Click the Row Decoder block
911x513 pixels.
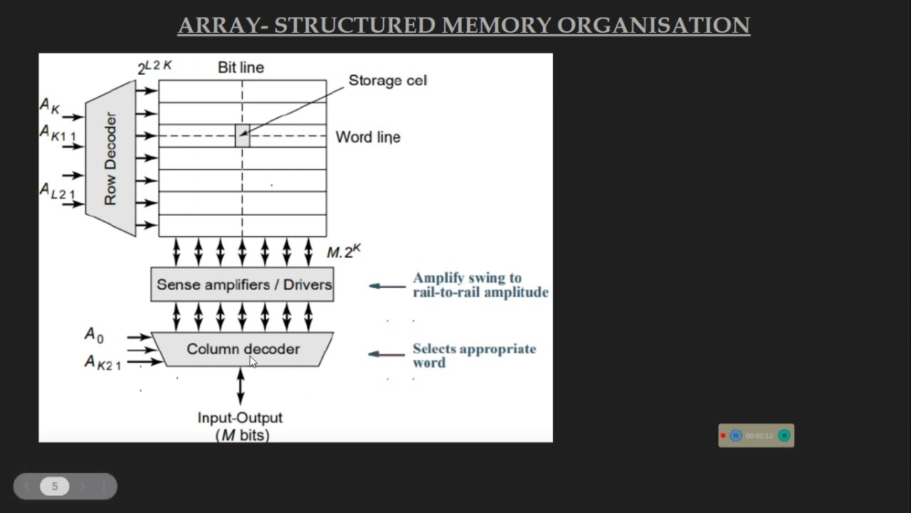tap(110, 158)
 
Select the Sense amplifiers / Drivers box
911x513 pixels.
tap(242, 285)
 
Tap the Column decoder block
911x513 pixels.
tap(243, 349)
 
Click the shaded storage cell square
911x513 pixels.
tap(242, 135)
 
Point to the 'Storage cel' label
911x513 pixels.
tap(387, 81)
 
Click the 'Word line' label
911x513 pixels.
tap(368, 137)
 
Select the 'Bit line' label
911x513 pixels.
tap(241, 68)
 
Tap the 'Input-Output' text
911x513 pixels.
tap(240, 418)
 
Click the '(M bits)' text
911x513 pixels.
tap(242, 435)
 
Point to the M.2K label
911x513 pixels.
tap(344, 252)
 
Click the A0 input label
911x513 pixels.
tap(94, 334)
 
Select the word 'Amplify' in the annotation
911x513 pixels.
tap(438, 278)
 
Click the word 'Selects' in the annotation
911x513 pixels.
tap(436, 349)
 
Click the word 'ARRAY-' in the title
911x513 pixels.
tap(223, 26)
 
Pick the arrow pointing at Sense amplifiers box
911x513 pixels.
tap(387, 286)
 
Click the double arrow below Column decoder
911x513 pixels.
tap(241, 386)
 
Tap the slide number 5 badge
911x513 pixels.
tap(54, 487)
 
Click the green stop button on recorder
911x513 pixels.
tap(784, 435)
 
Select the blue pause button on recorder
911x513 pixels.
tap(736, 435)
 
